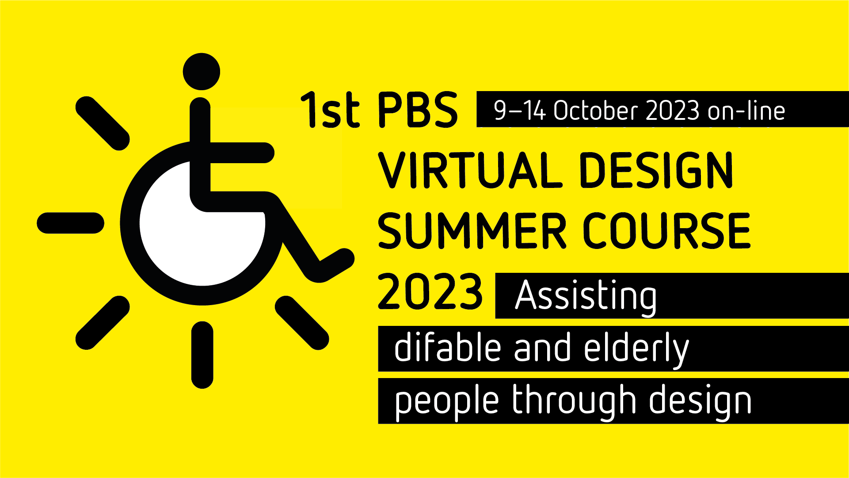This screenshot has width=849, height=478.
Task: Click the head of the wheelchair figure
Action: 202,72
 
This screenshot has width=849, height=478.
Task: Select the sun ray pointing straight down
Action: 202,355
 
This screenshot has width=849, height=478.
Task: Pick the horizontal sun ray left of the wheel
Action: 71,223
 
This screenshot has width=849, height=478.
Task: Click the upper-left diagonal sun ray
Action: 103,123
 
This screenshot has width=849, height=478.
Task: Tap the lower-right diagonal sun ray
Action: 302,323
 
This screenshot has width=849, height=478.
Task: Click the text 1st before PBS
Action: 330,110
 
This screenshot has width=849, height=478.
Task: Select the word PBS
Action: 418,110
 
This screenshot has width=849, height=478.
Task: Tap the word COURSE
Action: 667,230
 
